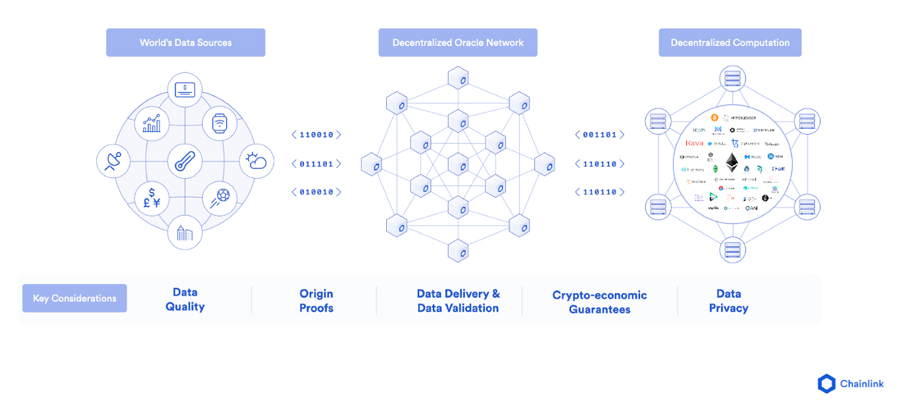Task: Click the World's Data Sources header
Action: click(186, 43)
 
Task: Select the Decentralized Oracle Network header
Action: click(458, 43)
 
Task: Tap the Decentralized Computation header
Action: click(730, 43)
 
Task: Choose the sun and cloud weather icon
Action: click(256, 161)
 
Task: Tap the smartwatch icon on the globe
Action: click(220, 124)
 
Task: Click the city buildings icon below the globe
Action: click(185, 233)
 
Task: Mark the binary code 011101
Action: click(316, 164)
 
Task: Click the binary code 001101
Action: click(599, 135)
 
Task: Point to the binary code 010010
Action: click(316, 192)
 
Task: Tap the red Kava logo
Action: click(694, 143)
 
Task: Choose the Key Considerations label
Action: click(74, 298)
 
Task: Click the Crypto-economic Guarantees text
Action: click(599, 302)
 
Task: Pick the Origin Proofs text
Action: click(316, 301)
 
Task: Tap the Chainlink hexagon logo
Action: click(826, 384)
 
